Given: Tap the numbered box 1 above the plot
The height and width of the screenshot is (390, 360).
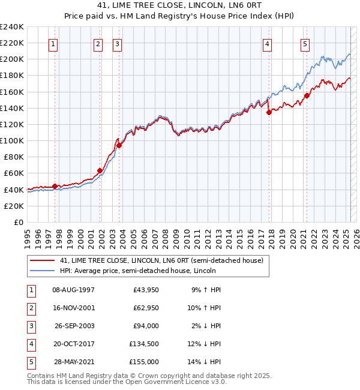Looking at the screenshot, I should pyautogui.click(x=54, y=43).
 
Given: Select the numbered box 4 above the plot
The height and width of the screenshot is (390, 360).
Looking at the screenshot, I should pyautogui.click(x=266, y=43).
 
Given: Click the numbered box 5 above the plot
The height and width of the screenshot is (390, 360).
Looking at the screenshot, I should pyautogui.click(x=305, y=43).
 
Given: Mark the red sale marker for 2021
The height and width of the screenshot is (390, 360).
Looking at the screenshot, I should pyautogui.click(x=307, y=95).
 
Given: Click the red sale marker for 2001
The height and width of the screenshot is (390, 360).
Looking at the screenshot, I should pyautogui.click(x=100, y=170).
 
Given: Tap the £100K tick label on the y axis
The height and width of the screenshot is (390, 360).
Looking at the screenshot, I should pyautogui.click(x=11, y=140).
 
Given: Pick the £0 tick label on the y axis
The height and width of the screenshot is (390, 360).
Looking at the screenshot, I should pyautogui.click(x=17, y=222).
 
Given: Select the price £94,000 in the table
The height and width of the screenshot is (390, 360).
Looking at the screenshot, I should pyautogui.click(x=146, y=326).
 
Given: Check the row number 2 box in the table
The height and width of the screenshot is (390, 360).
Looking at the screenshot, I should pyautogui.click(x=30, y=308).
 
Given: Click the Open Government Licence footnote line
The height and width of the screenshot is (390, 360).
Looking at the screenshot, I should pyautogui.click(x=127, y=382).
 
